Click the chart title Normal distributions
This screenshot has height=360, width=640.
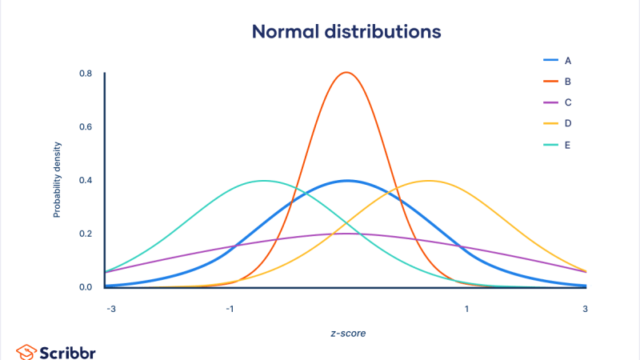point(346,32)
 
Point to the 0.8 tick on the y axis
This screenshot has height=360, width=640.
point(85,74)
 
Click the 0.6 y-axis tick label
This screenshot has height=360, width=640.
point(85,126)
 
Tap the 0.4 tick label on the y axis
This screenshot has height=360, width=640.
point(85,180)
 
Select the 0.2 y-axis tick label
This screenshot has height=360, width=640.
point(85,234)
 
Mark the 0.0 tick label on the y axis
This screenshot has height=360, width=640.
point(85,286)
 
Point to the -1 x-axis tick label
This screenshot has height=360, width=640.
point(229,309)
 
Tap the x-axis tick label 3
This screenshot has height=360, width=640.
point(585,309)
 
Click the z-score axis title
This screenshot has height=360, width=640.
point(346,333)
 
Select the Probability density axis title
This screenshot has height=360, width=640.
point(58,181)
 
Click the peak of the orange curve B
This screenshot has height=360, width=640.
point(346,73)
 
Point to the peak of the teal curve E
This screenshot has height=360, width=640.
point(264,181)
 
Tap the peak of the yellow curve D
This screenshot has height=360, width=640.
point(429,181)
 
